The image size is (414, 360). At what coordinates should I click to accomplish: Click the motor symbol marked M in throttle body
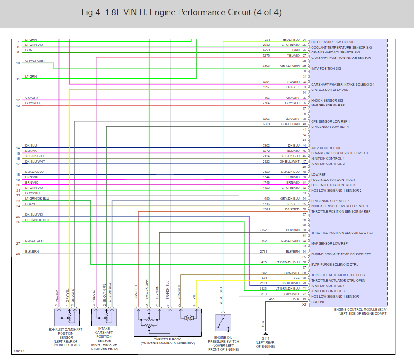pyautogui.click(x=188, y=318)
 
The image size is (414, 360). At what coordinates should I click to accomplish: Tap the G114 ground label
pyautogui.click(x=266, y=339)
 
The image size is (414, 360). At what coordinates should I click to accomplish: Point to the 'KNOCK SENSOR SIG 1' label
pyautogui.click(x=328, y=100)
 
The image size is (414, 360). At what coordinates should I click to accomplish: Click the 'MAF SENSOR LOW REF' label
pyautogui.click(x=329, y=243)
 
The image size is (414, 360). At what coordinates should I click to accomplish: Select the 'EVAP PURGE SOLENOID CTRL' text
pyautogui.click(x=334, y=265)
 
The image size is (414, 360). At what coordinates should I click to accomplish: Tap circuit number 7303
pyautogui.click(x=266, y=66)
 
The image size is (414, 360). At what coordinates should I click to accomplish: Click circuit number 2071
pyautogui.click(x=266, y=209)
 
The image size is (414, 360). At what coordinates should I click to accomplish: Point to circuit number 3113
pyautogui.click(x=264, y=294)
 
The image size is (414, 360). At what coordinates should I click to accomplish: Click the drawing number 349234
pyautogui.click(x=19, y=352)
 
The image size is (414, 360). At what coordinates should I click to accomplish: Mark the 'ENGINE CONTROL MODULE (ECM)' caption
pyautogui.click(x=361, y=309)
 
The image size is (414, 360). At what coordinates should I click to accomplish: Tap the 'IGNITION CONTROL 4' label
pyautogui.click(x=328, y=158)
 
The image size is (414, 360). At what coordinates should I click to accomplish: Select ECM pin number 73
pyautogui.click(x=304, y=299)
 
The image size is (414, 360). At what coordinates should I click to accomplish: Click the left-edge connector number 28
pyautogui.click(x=18, y=254)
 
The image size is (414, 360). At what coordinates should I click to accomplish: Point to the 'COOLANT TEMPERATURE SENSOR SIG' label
pyautogui.click(x=341, y=47)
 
